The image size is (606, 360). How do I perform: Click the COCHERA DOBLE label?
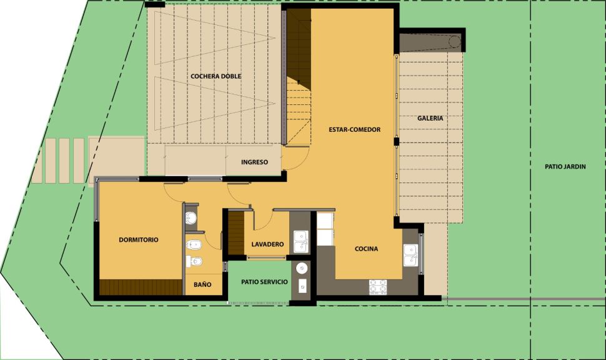216,76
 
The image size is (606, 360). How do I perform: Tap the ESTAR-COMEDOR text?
354,129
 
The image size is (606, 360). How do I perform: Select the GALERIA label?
430,118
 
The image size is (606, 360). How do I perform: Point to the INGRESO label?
254,162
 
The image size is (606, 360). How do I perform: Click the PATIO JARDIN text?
565,167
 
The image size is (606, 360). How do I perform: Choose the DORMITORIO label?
138,240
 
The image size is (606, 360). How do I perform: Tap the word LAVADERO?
267,244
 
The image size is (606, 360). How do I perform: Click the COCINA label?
366,249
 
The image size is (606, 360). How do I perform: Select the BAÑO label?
202,284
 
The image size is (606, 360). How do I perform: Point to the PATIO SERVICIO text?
264,282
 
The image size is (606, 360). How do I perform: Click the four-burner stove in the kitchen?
378,286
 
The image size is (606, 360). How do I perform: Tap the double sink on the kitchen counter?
410,255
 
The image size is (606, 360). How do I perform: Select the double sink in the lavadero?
301,241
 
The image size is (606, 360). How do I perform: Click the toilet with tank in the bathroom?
193,245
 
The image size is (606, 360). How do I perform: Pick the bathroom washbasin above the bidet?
191,218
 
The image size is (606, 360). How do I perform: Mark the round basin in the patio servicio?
302,267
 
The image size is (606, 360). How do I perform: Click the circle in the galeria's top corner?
455,41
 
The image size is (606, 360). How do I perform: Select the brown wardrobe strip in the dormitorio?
141,287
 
